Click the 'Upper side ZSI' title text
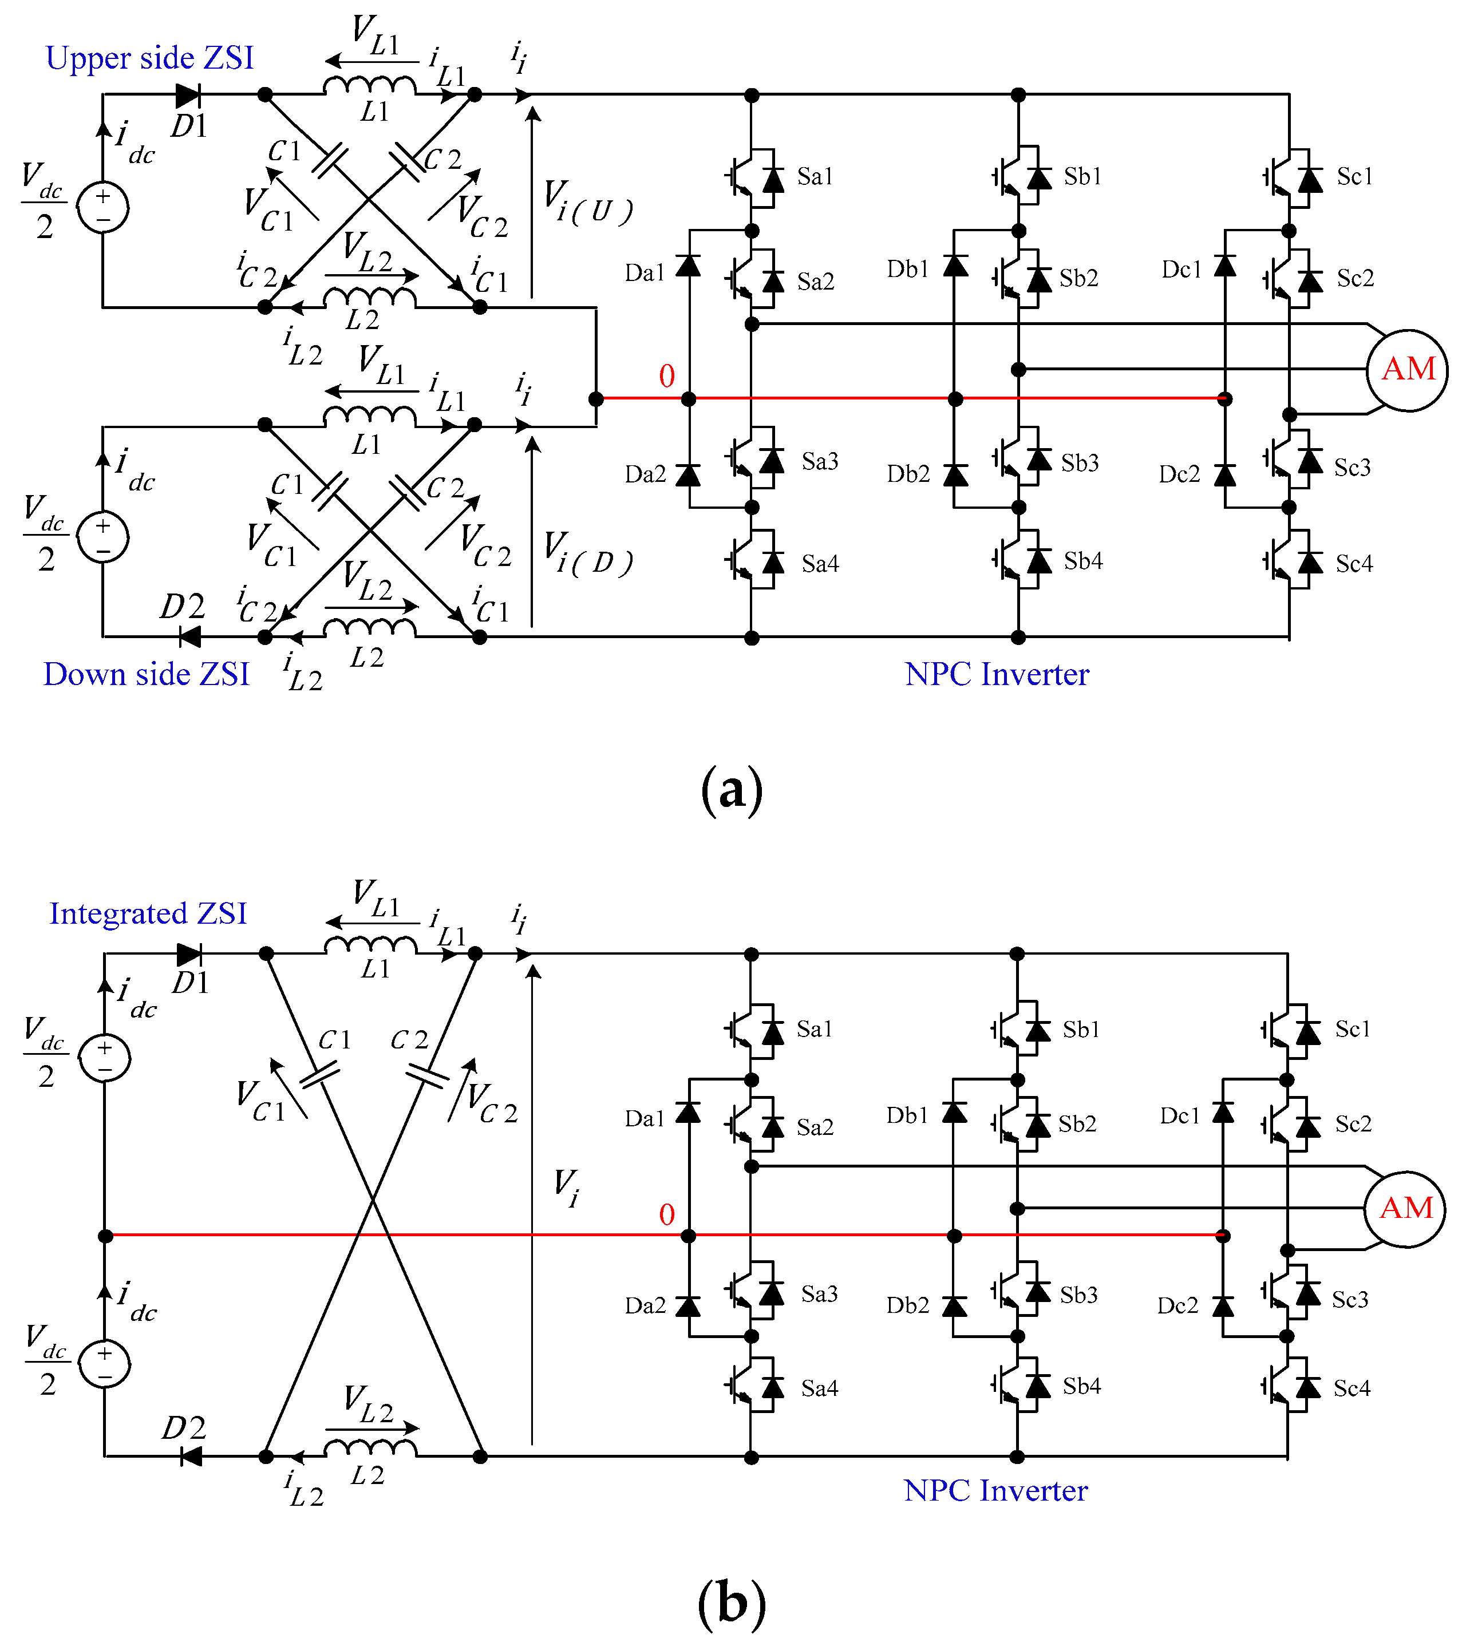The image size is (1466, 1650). pyautogui.click(x=149, y=58)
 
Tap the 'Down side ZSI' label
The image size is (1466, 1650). pyautogui.click(x=146, y=674)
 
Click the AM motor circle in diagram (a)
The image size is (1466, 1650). pyautogui.click(x=1407, y=370)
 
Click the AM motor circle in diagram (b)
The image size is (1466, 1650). pyautogui.click(x=1405, y=1208)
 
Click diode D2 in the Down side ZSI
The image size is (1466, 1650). pyautogui.click(x=189, y=637)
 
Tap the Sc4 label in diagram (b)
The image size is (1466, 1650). pyautogui.click(x=1352, y=1388)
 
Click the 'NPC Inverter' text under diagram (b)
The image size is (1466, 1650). pyautogui.click(x=995, y=1490)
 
